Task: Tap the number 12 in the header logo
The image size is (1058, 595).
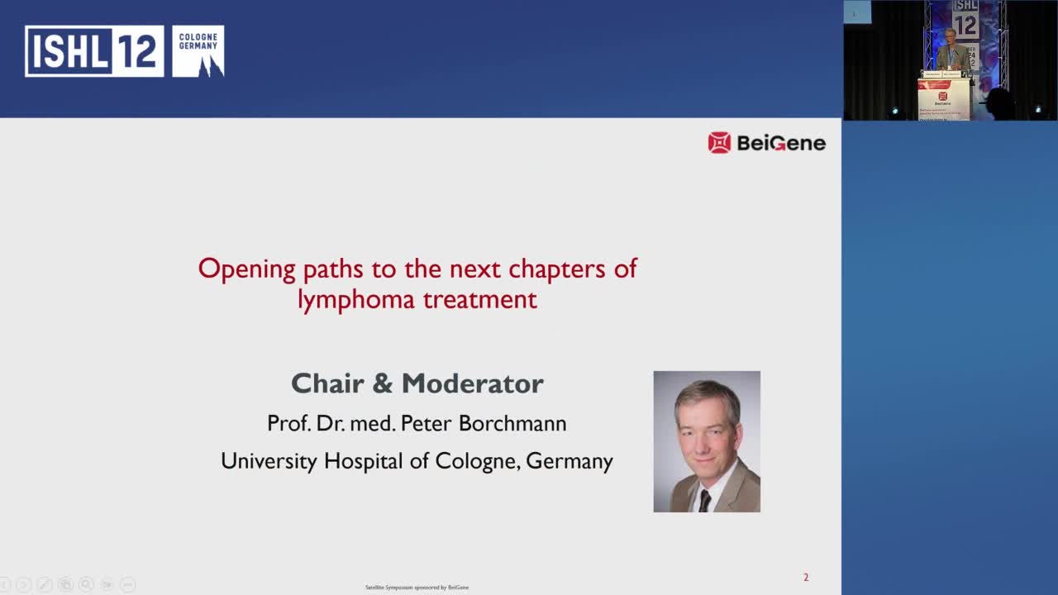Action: point(136,51)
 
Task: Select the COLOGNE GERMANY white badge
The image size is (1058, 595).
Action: point(198,51)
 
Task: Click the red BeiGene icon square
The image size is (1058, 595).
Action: point(719,143)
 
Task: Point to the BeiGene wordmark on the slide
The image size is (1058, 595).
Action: point(780,143)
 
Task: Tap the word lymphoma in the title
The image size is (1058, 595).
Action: point(355,299)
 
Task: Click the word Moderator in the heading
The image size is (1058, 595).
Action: point(473,383)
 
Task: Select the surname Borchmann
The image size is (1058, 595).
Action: point(512,423)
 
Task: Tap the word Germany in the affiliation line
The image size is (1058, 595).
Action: point(570,460)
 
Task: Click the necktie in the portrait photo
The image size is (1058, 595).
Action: point(703,499)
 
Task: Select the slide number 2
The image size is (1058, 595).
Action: point(806,577)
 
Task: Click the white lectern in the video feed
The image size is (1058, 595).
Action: point(943,99)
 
